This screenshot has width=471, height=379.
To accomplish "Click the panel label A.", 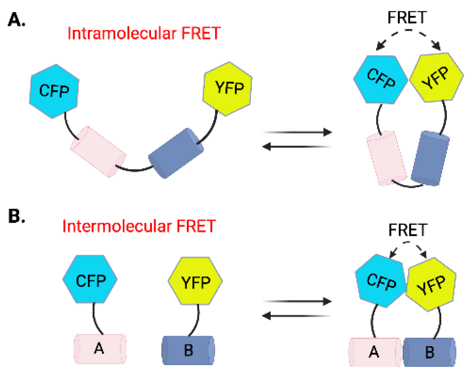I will click(x=16, y=20).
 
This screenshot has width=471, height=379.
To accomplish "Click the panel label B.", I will click(x=16, y=216).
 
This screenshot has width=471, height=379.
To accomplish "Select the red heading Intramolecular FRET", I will click(x=144, y=34).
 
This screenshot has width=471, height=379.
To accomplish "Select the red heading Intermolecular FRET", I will click(x=139, y=226).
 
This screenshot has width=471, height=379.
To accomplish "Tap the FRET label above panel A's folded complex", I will click(x=407, y=18).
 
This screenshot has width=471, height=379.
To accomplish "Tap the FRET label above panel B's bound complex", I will click(x=408, y=230).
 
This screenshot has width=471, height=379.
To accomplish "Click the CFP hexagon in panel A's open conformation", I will click(x=54, y=91).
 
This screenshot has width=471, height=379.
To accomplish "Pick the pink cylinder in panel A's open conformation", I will click(x=98, y=152).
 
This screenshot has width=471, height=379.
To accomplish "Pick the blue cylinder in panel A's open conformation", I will click(x=176, y=153).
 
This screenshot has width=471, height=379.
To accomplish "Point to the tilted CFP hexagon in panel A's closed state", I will click(x=381, y=79).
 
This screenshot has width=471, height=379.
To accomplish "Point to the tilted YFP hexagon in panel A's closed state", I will click(x=436, y=78).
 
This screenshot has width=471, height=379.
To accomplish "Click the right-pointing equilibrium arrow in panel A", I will click(x=297, y=132).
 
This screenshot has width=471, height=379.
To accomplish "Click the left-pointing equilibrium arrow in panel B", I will click(x=297, y=316).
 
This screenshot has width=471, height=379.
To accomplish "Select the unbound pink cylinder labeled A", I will click(x=100, y=349).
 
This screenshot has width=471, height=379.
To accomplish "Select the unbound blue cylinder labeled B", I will click(x=188, y=350).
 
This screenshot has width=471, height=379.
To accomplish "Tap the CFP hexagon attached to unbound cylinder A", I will click(x=90, y=280).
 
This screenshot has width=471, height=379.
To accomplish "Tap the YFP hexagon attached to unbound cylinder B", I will click(x=195, y=281).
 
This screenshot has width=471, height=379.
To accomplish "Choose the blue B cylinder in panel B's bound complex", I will click(x=429, y=352).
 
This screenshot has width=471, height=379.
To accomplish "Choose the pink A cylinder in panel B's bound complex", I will click(x=375, y=352).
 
